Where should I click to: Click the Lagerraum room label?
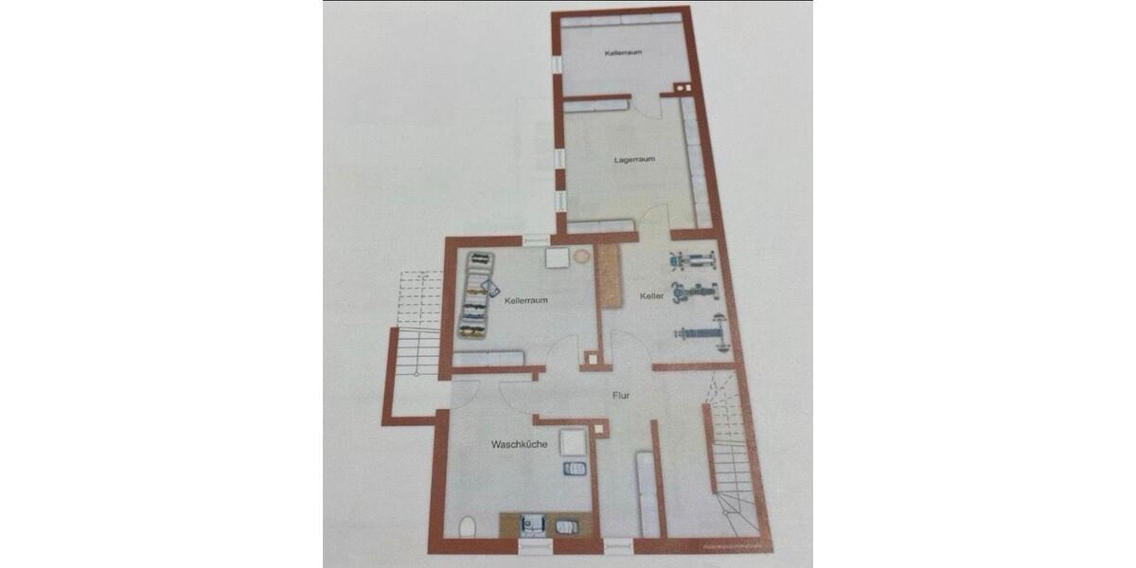(x=634, y=159)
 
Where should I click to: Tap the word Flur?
(x=621, y=396)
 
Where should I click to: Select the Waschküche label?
(x=519, y=444)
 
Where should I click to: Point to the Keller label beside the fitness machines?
(x=651, y=296)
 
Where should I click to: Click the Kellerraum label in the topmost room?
(x=624, y=53)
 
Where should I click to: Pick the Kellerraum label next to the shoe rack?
(x=527, y=300)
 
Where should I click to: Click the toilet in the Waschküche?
(x=467, y=526)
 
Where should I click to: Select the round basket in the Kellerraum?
(x=581, y=256)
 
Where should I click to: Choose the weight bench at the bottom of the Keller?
(x=699, y=332)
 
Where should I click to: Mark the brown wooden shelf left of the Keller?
(x=607, y=275)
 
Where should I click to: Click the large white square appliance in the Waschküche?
(x=572, y=442)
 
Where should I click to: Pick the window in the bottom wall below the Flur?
(x=617, y=544)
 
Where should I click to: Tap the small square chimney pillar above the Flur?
(x=591, y=360)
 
